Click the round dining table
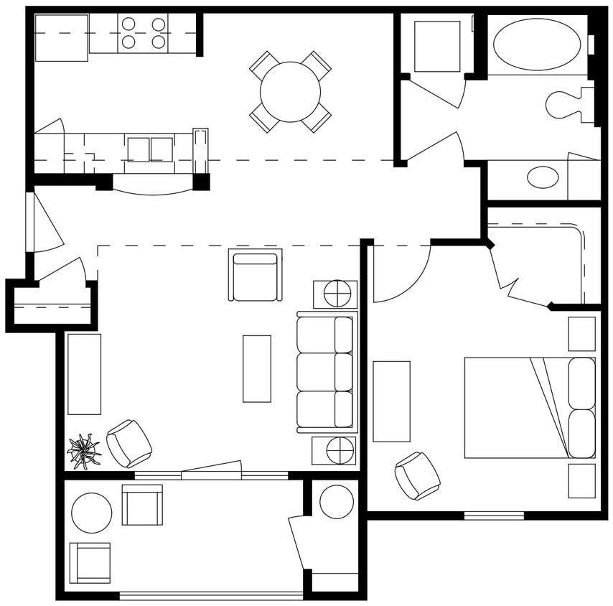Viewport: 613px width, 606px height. [x=290, y=92]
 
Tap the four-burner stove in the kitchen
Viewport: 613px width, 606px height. [x=143, y=33]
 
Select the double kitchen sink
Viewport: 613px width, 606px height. [x=150, y=149]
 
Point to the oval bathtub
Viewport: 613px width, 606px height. [x=537, y=45]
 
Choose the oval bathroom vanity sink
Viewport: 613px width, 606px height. [x=543, y=177]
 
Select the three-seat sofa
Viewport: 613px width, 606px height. [x=327, y=372]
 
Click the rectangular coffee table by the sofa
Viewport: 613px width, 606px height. [x=257, y=368]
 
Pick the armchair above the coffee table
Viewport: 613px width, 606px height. [x=255, y=275]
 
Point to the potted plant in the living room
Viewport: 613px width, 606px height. [x=84, y=452]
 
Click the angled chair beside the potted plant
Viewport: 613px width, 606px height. [x=129, y=443]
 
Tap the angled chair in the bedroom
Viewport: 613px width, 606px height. [x=417, y=475]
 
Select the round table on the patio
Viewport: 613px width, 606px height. [x=92, y=513]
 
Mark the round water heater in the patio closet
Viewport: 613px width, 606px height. [x=336, y=502]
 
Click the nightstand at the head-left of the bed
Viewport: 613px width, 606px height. [x=581, y=334]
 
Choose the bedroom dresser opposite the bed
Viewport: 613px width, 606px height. [x=391, y=401]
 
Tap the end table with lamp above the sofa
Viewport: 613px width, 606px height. [x=335, y=294]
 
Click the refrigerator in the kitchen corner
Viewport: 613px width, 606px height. [x=61, y=37]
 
